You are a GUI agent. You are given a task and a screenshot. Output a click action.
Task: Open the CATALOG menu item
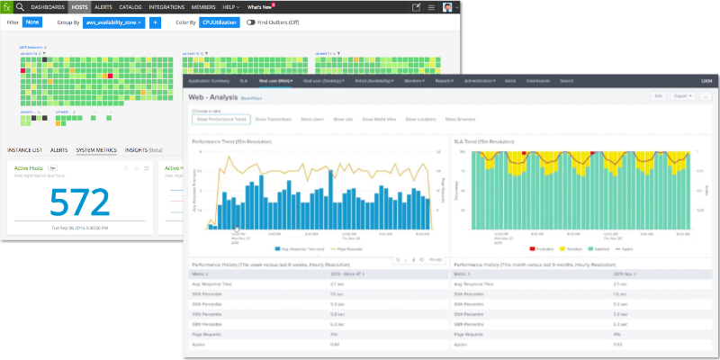130,7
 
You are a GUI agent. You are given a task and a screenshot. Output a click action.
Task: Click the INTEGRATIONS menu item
166,7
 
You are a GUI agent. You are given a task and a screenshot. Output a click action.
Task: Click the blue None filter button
31,21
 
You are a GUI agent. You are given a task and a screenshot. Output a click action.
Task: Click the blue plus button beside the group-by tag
155,21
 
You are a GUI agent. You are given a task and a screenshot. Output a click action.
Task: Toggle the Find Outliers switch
252,21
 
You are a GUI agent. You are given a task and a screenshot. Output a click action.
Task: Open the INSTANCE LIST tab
24,149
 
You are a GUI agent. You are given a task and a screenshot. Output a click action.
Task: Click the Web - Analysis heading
211,95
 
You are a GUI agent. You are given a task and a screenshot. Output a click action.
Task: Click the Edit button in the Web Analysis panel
659,95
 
